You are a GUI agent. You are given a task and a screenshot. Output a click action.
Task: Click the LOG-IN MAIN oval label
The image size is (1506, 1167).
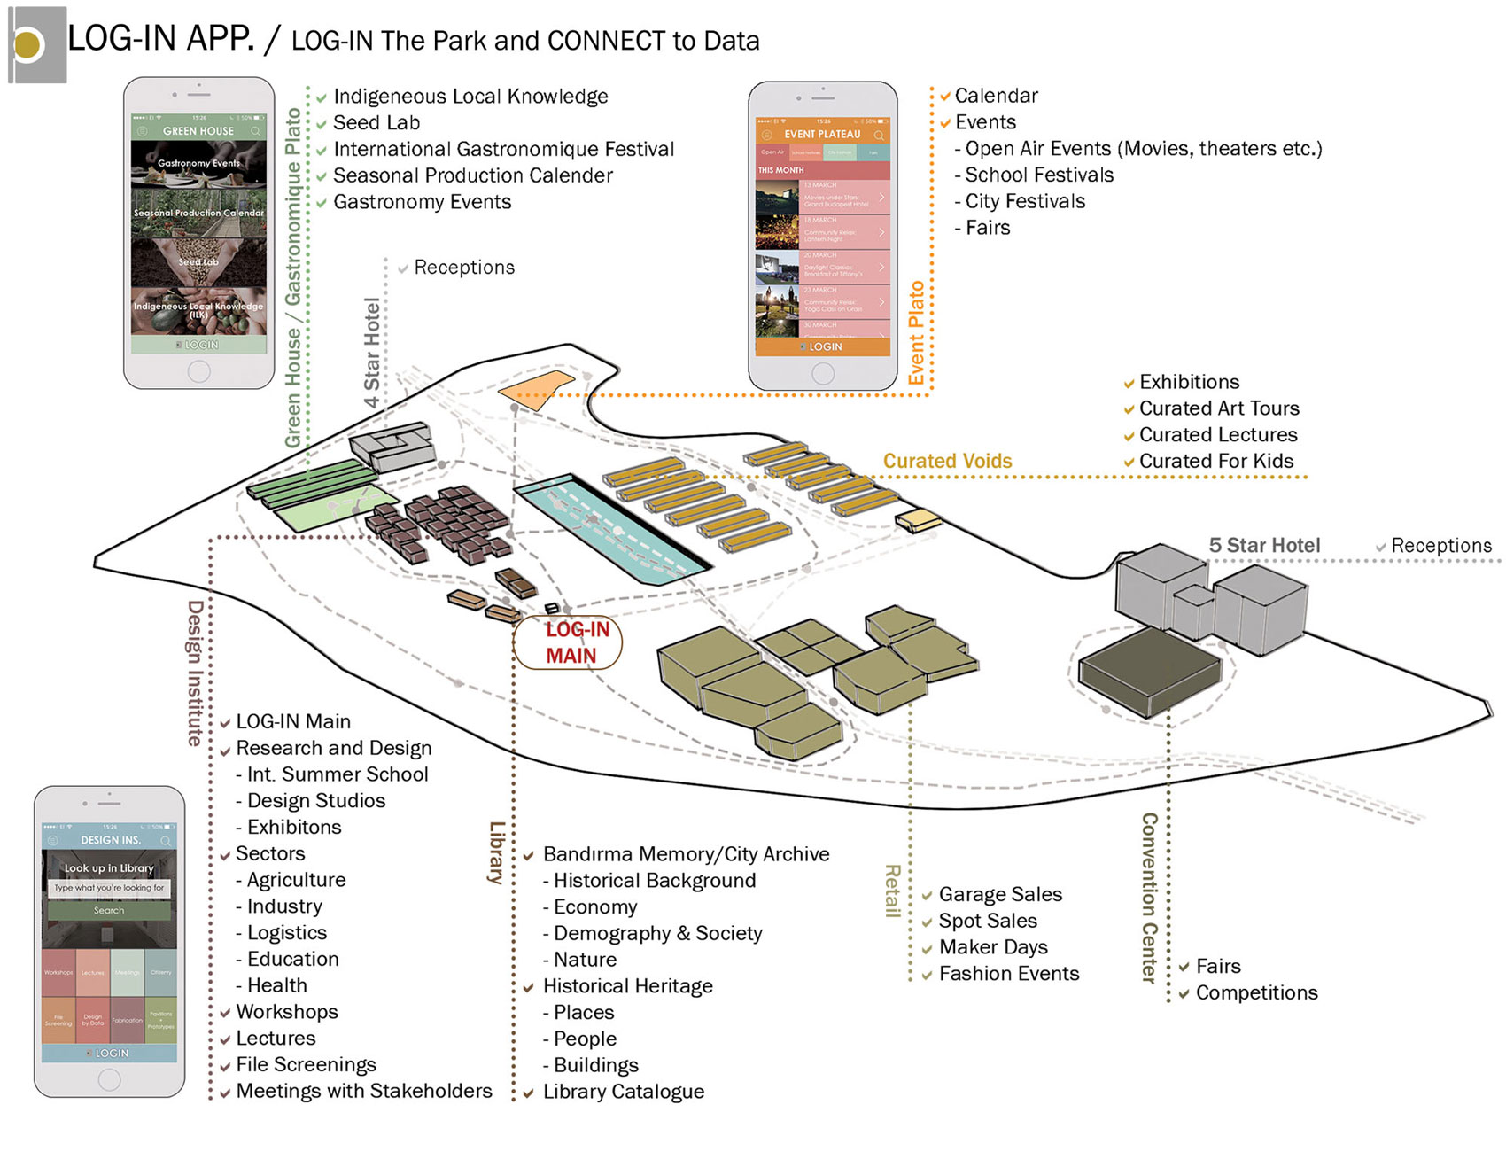point(568,642)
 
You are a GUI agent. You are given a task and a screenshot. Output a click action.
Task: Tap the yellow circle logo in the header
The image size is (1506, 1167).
point(28,45)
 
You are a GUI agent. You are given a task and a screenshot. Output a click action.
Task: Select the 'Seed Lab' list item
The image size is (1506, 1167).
point(376,123)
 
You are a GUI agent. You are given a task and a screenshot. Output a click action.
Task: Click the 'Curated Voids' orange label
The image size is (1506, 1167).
point(947,461)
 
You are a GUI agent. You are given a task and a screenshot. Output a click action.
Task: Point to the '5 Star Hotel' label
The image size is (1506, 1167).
point(1264,546)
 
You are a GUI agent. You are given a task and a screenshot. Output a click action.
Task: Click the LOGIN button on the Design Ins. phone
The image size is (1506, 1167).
point(110,1053)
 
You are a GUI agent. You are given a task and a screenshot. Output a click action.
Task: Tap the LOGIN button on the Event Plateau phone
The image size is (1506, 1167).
point(823,346)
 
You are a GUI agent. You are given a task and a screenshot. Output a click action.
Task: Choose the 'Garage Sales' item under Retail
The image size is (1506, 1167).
point(999,895)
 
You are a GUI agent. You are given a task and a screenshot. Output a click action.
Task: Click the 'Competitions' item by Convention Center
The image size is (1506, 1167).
point(1256,993)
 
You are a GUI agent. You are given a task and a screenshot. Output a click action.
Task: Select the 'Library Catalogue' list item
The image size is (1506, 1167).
point(623,1092)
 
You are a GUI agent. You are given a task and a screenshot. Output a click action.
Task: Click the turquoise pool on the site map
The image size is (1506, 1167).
point(611,532)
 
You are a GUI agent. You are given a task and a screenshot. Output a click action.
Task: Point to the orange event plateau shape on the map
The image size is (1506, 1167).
point(534,389)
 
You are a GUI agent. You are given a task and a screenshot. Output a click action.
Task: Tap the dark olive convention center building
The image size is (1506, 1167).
point(1150,670)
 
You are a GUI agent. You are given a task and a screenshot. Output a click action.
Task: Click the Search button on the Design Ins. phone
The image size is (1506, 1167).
point(109,910)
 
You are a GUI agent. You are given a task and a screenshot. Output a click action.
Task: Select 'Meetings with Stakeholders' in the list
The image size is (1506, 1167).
point(363,1091)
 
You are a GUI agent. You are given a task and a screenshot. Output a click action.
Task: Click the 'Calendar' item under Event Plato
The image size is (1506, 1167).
point(996,96)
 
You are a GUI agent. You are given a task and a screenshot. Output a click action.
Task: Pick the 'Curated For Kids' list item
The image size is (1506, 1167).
point(1215,462)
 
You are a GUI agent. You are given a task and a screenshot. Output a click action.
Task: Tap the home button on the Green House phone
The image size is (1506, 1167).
point(199,371)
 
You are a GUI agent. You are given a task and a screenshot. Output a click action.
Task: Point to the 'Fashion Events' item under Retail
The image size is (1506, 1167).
point(1008,974)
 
